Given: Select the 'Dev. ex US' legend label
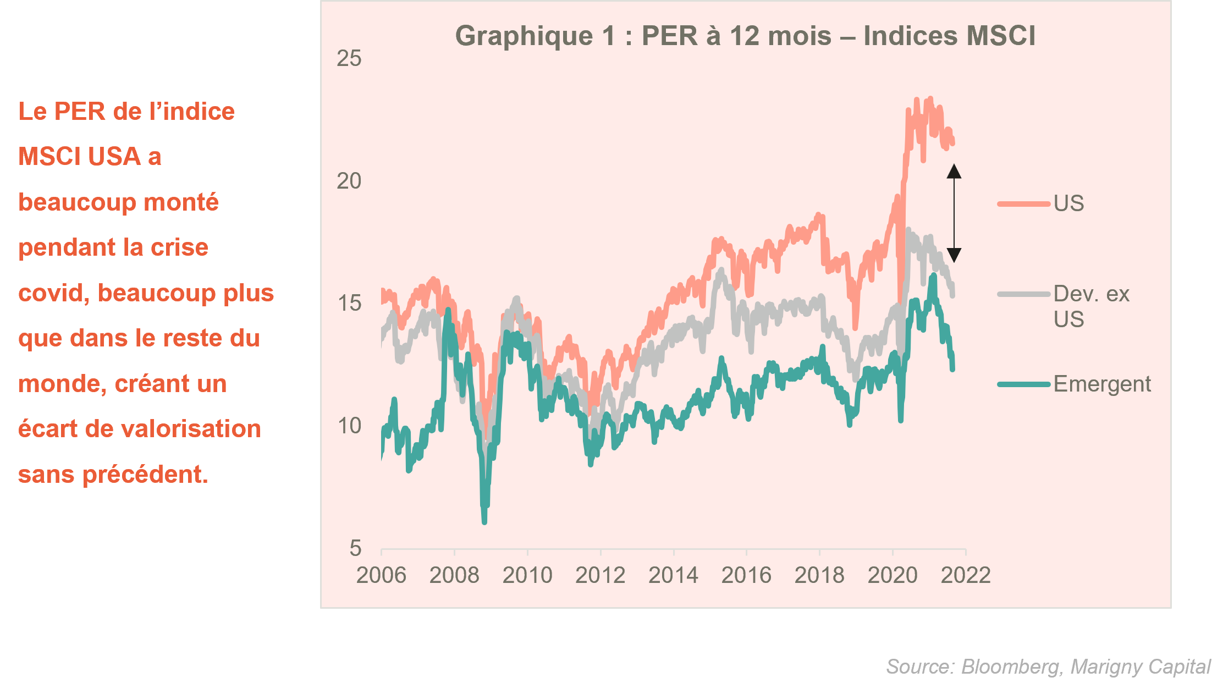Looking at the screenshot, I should pyautogui.click(x=1091, y=306).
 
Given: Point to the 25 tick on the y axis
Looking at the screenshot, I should pyautogui.click(x=349, y=58).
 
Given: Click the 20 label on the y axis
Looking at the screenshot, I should pyautogui.click(x=349, y=181).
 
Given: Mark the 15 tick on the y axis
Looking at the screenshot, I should pyautogui.click(x=349, y=303).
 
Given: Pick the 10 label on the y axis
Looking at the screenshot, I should pyautogui.click(x=349, y=426).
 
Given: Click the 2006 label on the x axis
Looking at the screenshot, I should pyautogui.click(x=381, y=575).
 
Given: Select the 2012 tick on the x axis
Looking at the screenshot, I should pyautogui.click(x=600, y=575).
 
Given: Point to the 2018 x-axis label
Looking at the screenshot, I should pyautogui.click(x=819, y=575).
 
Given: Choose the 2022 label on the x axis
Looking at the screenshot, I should pyautogui.click(x=966, y=575).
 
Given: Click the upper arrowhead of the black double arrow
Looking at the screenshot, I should pyautogui.click(x=954, y=172).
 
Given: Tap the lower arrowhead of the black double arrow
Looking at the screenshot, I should pyautogui.click(x=954, y=255).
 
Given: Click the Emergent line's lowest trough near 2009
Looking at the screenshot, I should pyautogui.click(x=484, y=521).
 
